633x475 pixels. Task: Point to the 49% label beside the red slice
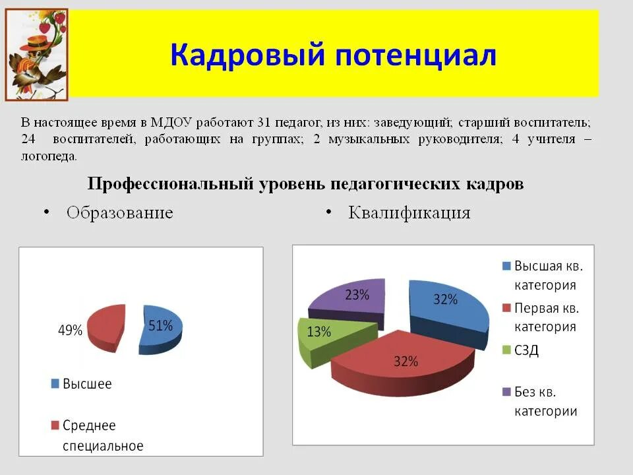pyautogui.click(x=70, y=331)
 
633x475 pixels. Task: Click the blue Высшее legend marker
pyautogui.click(x=55, y=383)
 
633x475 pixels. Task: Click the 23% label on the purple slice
pyautogui.click(x=357, y=295)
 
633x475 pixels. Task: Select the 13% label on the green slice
pyautogui.click(x=318, y=332)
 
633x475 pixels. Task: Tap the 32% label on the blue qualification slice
pyautogui.click(x=445, y=300)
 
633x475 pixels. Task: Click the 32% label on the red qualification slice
pyautogui.click(x=406, y=361)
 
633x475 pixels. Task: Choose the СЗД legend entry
pyautogui.click(x=526, y=350)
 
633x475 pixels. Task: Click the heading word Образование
pyautogui.click(x=119, y=212)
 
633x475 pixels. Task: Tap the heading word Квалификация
pyautogui.click(x=409, y=212)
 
